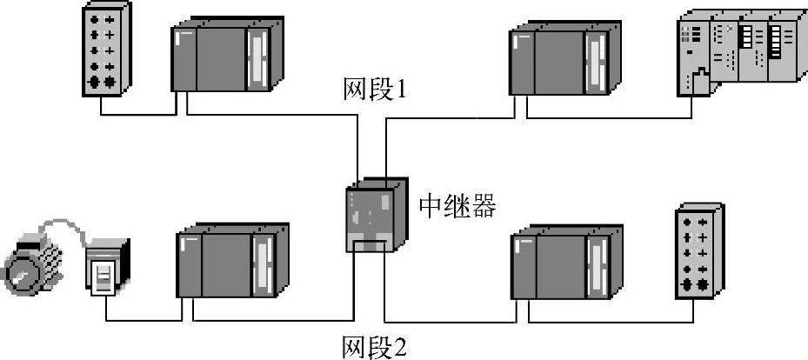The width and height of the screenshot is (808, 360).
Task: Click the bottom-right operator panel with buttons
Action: coord(698,253)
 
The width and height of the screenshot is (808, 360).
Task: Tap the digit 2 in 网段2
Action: coord(399,347)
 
